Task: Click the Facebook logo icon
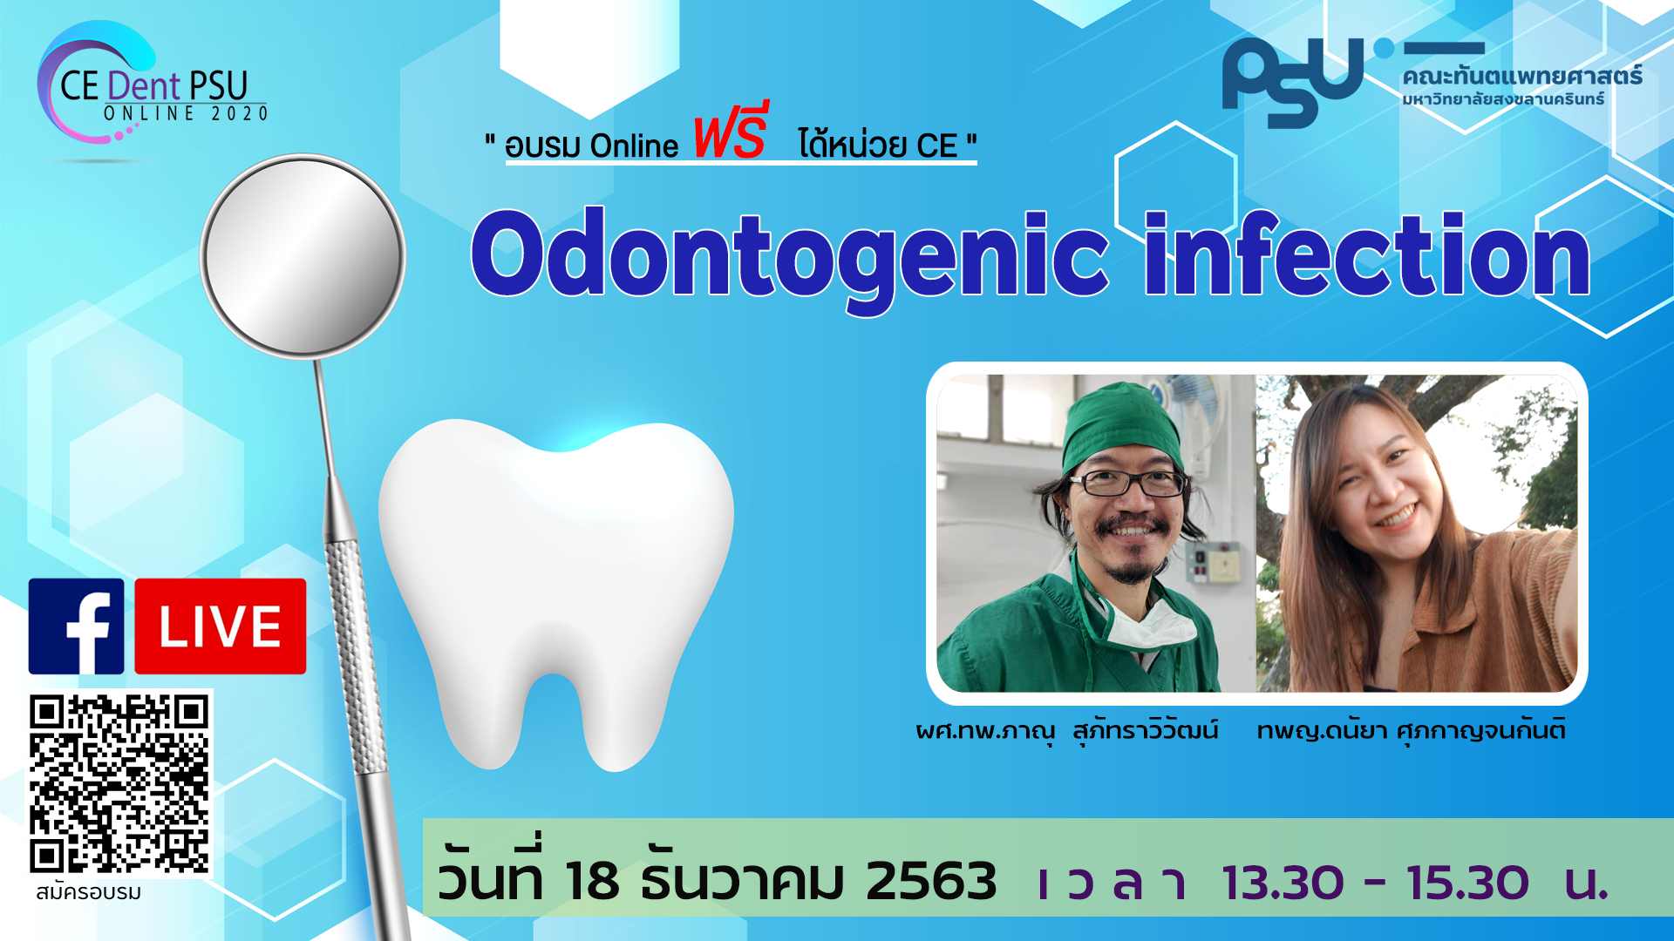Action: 76,626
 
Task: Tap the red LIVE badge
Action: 221,626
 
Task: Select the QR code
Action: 119,784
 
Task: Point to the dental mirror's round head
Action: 303,255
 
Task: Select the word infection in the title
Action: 1367,254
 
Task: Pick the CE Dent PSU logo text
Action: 154,86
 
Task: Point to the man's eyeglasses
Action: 1129,482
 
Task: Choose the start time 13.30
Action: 1283,883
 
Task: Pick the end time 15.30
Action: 1467,883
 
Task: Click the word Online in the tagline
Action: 634,146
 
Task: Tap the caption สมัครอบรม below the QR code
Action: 88,893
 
